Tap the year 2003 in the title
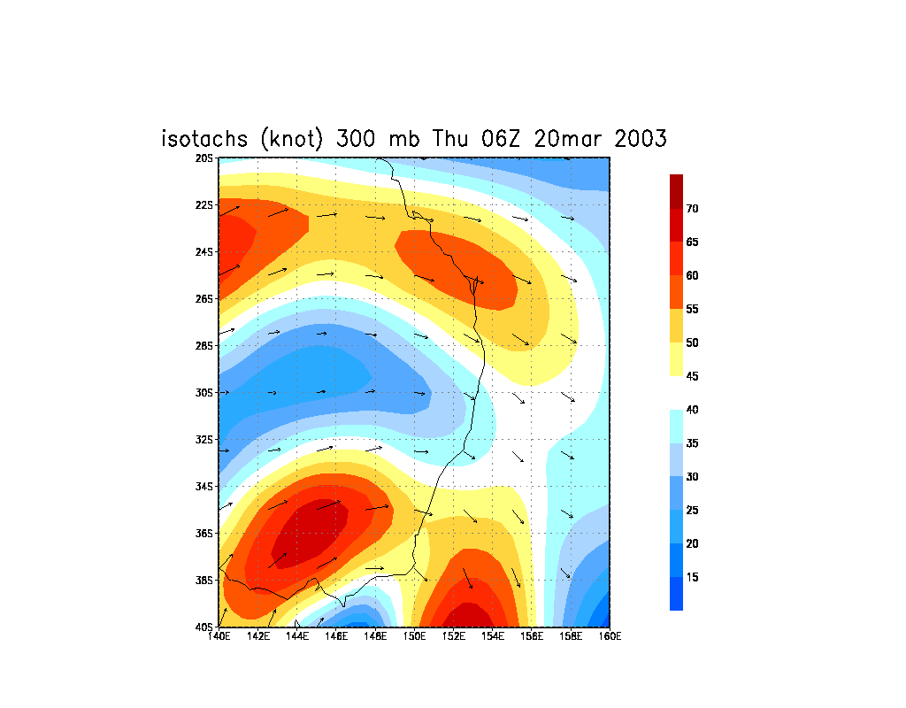coord(636,139)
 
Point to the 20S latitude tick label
coord(205,158)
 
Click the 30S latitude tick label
coord(205,392)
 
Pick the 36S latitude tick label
coord(205,533)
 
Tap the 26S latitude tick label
coord(205,298)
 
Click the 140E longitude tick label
coord(219,635)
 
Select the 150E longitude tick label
coord(414,635)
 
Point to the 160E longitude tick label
coord(610,635)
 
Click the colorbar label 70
coord(693,209)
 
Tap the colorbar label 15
coord(693,577)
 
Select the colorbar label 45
coord(693,376)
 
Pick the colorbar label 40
coord(693,410)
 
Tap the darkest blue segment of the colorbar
coord(676,594)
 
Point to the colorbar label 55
coord(693,309)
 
